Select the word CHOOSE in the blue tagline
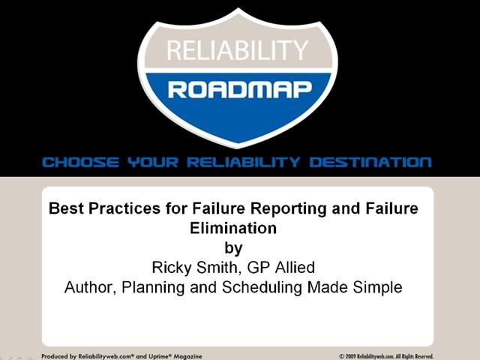79,162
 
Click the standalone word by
234,247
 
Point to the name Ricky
170,267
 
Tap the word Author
87,287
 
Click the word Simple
379,287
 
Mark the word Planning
151,287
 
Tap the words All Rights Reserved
412,356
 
